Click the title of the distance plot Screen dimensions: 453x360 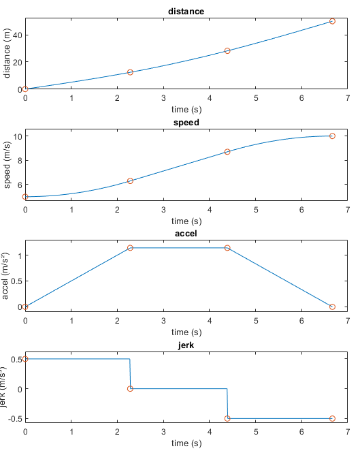tap(186, 11)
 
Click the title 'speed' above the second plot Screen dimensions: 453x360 tap(186, 123)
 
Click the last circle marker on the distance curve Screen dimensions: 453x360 tap(332, 21)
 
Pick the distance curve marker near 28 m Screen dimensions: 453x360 tap(227, 51)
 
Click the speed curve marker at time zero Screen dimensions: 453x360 tap(25, 197)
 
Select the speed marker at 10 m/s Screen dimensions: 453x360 tap(332, 136)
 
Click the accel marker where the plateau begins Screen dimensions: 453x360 tap(130, 248)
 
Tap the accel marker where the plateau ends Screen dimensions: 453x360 tap(227, 248)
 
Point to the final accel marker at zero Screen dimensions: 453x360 tap(332, 307)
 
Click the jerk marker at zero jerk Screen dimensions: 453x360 tap(131, 388)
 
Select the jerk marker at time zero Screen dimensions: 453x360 tap(25, 359)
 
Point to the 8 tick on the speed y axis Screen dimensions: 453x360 tap(18, 160)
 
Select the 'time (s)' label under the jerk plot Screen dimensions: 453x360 tap(186, 443)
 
